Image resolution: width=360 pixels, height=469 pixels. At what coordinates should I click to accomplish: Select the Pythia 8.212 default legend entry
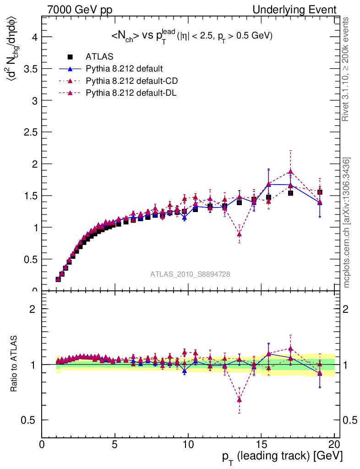(x=124, y=69)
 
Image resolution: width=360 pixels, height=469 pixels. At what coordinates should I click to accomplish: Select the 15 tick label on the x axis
(x=261, y=446)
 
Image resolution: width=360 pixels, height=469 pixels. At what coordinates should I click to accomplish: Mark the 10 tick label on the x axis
(x=188, y=446)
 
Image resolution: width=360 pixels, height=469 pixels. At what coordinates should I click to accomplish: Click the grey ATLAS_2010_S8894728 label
(x=190, y=274)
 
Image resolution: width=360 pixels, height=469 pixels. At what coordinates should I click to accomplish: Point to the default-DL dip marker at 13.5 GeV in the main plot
(x=239, y=234)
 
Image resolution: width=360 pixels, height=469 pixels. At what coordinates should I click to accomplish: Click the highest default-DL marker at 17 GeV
(x=290, y=172)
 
